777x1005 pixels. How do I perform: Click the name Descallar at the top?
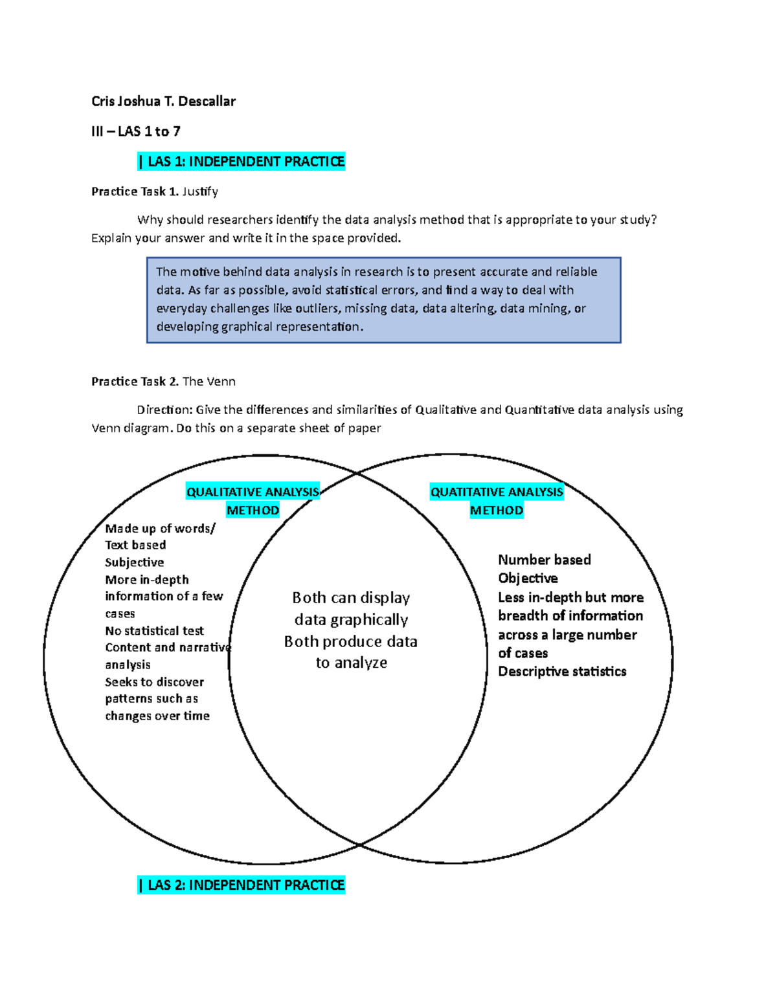click(207, 101)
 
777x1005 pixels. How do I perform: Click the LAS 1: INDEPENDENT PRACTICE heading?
click(242, 161)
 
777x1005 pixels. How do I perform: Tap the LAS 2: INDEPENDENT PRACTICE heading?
click(242, 885)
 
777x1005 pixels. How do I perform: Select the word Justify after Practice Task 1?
click(200, 192)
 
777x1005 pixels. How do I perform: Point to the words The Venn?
click(209, 381)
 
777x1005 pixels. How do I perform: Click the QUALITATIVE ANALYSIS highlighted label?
click(253, 492)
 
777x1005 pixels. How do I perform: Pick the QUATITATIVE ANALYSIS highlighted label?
click(497, 492)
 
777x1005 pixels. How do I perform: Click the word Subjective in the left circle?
click(135, 562)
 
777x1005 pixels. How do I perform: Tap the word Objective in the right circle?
click(528, 578)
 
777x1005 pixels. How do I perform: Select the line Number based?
click(545, 560)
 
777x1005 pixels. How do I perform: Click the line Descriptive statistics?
click(562, 672)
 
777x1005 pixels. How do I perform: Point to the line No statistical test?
click(154, 630)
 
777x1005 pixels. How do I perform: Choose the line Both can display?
click(351, 597)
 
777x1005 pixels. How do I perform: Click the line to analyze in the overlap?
click(352, 663)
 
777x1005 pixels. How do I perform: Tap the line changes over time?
click(157, 716)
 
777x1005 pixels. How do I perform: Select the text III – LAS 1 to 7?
click(136, 131)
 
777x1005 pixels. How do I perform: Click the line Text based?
click(135, 545)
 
